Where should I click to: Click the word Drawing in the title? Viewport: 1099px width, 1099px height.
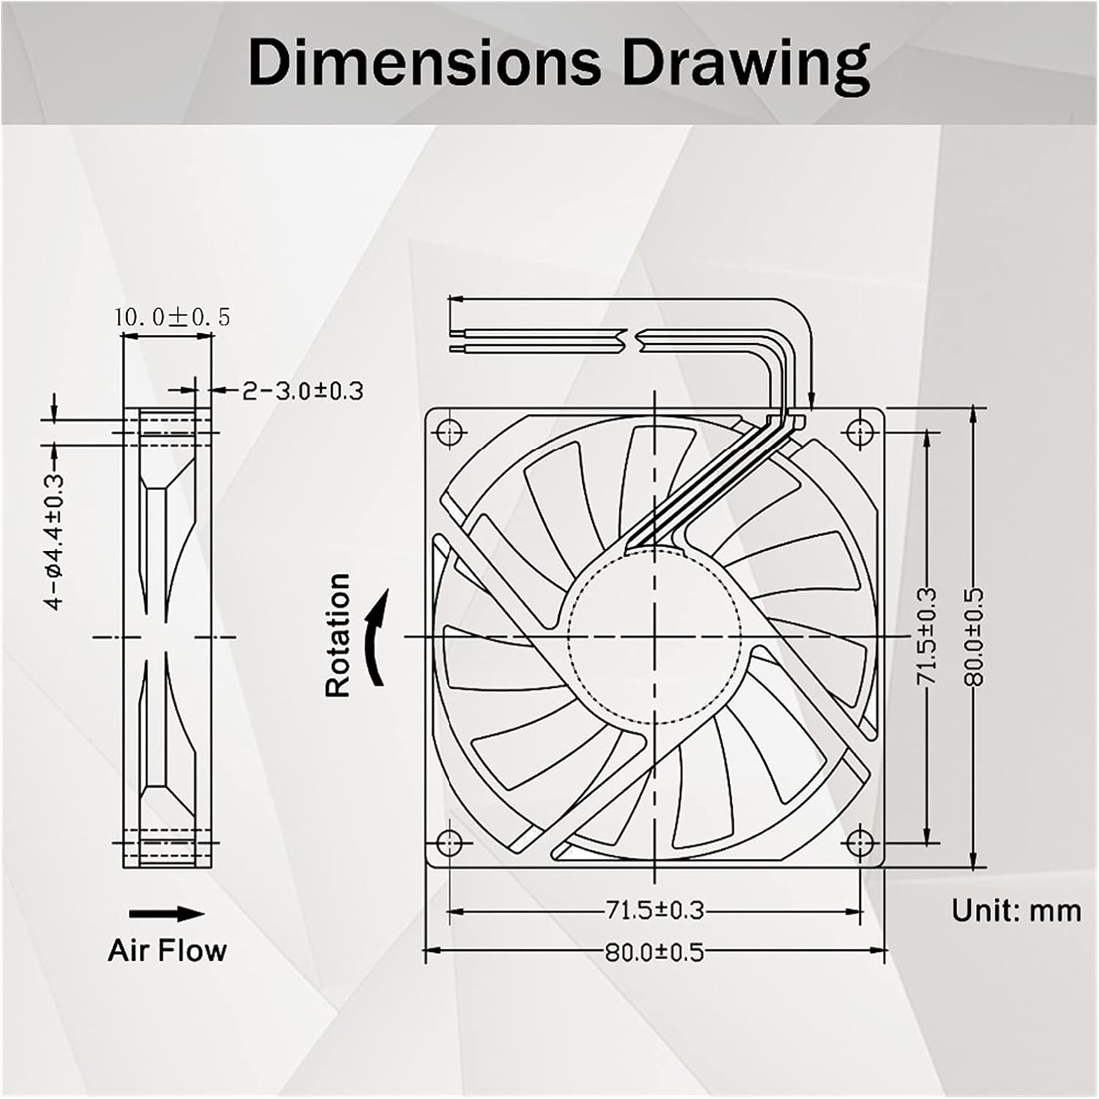tap(746, 64)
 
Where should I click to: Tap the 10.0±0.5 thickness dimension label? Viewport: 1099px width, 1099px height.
tap(171, 317)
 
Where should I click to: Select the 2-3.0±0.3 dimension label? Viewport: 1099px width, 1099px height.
tap(303, 391)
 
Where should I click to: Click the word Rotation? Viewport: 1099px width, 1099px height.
tap(338, 635)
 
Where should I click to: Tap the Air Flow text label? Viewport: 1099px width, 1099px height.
tap(167, 950)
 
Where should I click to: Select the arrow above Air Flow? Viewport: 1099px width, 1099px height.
tap(167, 914)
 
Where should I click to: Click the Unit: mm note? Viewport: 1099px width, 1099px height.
tap(1016, 911)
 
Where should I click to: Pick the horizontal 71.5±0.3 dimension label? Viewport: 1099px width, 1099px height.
tap(654, 911)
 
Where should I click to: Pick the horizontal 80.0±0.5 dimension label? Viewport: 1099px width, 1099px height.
tap(654, 952)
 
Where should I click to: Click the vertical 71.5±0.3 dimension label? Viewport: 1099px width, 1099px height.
tap(928, 636)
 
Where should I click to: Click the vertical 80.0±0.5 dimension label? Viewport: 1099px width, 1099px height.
tap(974, 636)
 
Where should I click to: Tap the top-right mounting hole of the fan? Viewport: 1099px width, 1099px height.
tap(860, 432)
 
